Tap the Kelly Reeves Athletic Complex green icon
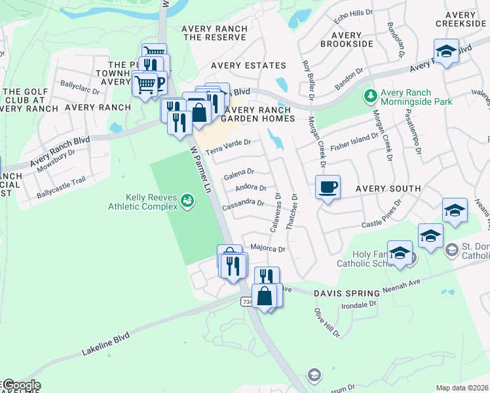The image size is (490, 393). (x=188, y=200)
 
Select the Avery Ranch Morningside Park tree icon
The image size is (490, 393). (x=371, y=96)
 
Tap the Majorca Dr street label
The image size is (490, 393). (x=268, y=249)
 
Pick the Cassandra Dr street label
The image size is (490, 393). (x=242, y=204)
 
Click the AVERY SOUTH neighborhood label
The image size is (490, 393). (x=388, y=189)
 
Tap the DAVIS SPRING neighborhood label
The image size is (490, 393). (x=347, y=293)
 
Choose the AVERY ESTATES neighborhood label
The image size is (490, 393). (x=248, y=65)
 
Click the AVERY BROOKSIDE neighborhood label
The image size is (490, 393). (x=347, y=39)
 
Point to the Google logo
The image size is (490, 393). (x=21, y=385)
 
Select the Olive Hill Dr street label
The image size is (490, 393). (x=328, y=322)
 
